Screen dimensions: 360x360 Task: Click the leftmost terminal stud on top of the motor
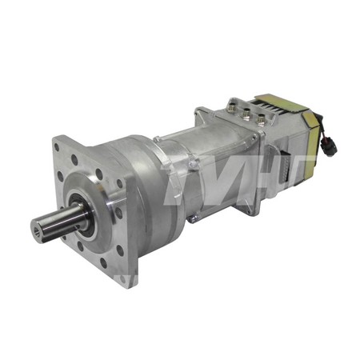point(234,105)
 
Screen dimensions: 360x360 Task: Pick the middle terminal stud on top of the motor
point(248,112)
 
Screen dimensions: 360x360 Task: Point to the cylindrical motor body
point(216,160)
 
